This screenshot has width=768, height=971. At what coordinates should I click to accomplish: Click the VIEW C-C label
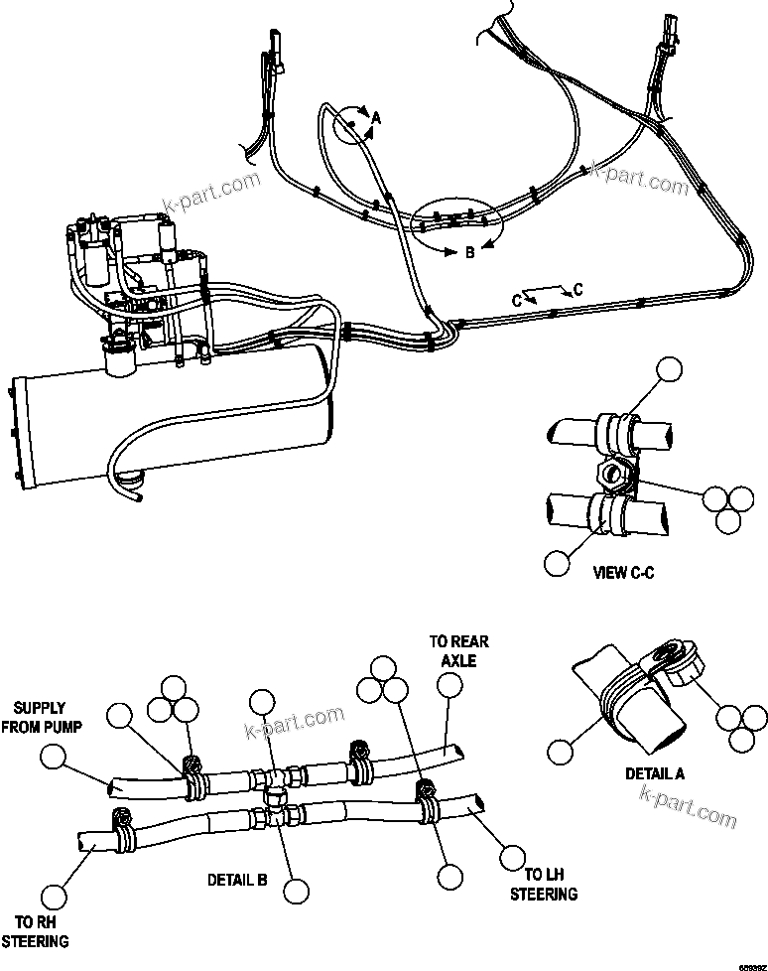click(x=623, y=572)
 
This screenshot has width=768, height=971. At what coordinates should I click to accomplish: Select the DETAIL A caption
click(x=654, y=773)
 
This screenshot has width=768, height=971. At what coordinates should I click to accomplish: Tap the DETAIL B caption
click(x=236, y=879)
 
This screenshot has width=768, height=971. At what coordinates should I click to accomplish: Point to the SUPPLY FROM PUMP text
click(x=40, y=717)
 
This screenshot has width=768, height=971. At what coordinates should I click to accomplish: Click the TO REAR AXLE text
click(x=458, y=650)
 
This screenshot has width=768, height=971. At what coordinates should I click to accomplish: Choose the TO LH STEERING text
click(x=544, y=884)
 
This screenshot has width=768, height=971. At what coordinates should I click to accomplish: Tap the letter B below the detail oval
click(x=470, y=253)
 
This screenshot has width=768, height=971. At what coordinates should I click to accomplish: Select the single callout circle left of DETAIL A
click(x=562, y=750)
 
